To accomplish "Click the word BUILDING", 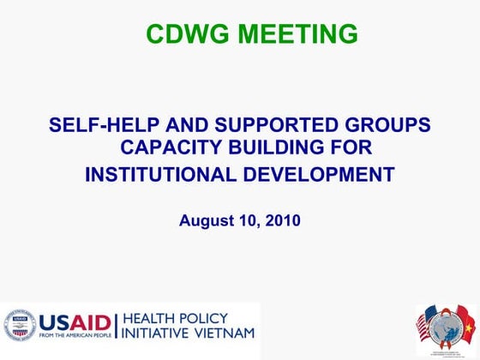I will tap(276, 149).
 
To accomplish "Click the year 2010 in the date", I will tap(282, 220).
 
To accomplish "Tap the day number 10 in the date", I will tap(248, 220).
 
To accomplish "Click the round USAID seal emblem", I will tap(20, 324).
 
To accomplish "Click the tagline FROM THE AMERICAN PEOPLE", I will tap(73, 336).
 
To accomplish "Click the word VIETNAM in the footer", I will tap(225, 333).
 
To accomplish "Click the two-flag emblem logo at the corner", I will tap(443, 327).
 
